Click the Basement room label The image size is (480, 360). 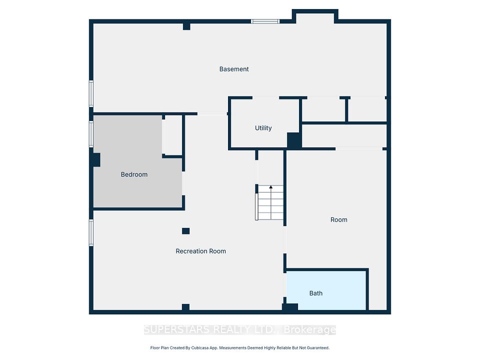coord(234,69)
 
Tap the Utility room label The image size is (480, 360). coord(263,128)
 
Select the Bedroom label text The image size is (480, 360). coord(134,174)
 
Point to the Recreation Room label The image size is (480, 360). coord(200,251)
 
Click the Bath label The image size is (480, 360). coord(316,293)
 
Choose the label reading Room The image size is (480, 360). coord(339,219)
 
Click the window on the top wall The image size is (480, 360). coord(265,21)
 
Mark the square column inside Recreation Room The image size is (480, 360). coord(185,231)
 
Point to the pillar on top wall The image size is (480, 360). coord(186,26)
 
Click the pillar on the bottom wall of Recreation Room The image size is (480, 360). coord(185,307)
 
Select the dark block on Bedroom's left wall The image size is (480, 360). coord(95,159)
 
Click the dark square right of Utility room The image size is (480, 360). coord(294,140)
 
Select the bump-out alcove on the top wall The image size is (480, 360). coord(314,16)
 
